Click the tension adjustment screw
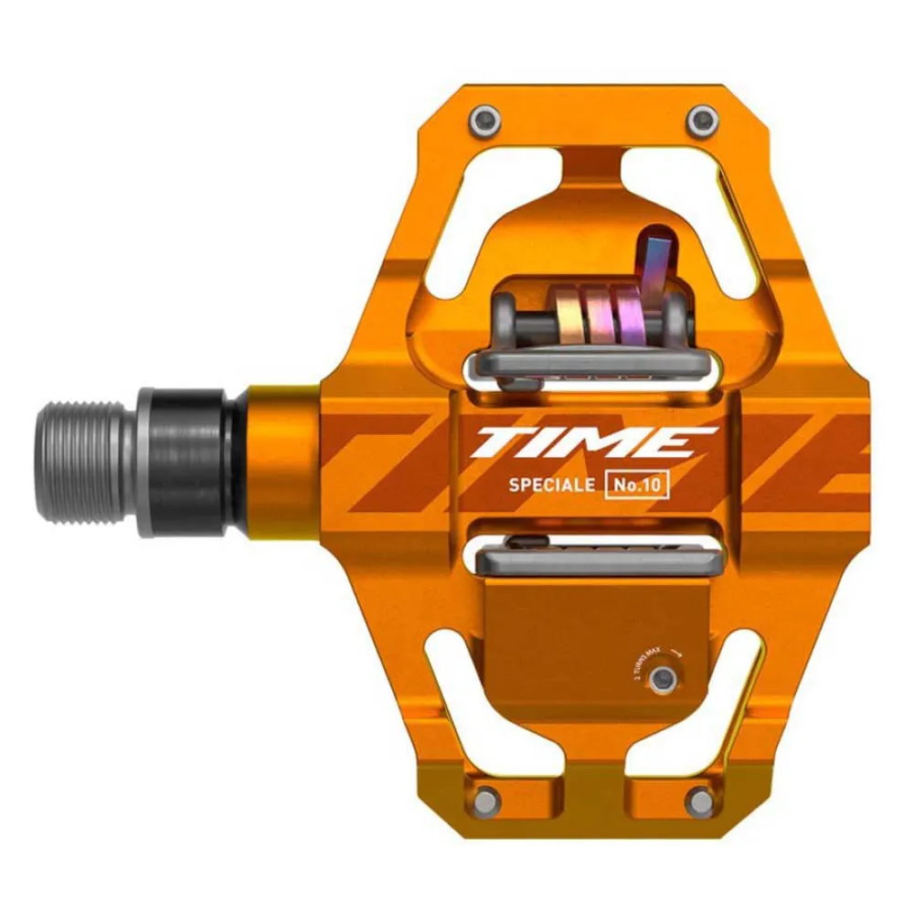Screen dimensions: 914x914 (664, 676)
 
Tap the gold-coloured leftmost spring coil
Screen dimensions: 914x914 (568, 316)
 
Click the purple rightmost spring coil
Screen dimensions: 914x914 (631, 315)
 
